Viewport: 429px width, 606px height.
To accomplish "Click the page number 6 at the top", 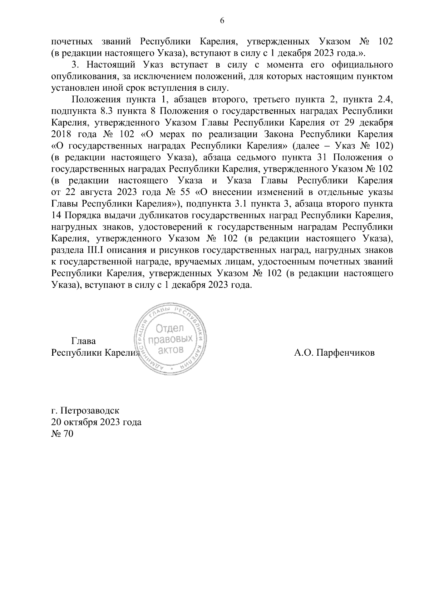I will [222, 21].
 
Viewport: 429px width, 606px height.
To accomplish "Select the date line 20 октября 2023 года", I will [97, 422].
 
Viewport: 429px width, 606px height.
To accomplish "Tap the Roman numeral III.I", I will [92, 250].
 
